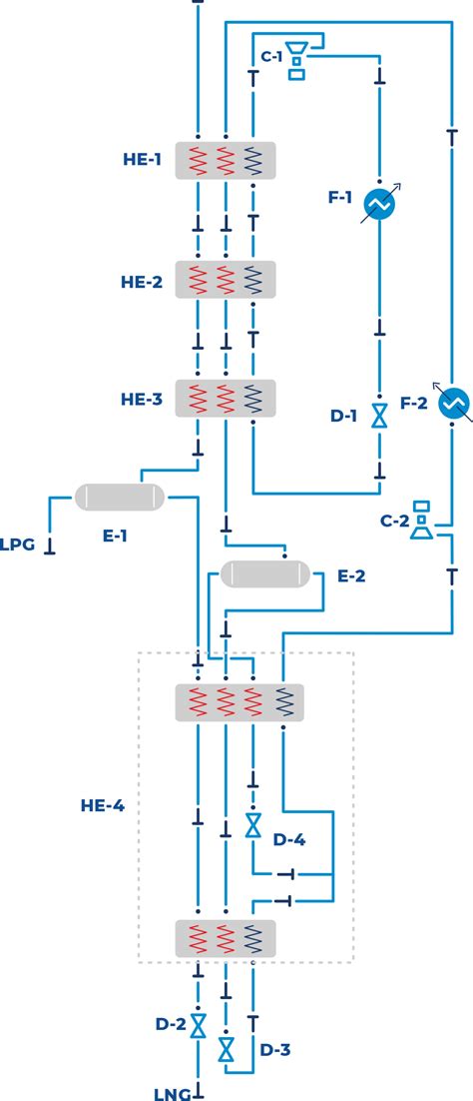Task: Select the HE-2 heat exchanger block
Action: click(226, 279)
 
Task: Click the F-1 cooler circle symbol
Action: click(379, 203)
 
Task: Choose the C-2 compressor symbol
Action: click(424, 522)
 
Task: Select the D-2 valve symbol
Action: click(199, 1025)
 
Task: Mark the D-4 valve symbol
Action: click(253, 825)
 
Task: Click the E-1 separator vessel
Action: click(120, 496)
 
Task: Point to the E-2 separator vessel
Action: click(264, 574)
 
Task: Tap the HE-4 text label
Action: click(103, 804)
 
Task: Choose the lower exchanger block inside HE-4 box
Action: click(226, 939)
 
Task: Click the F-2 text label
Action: click(414, 403)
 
